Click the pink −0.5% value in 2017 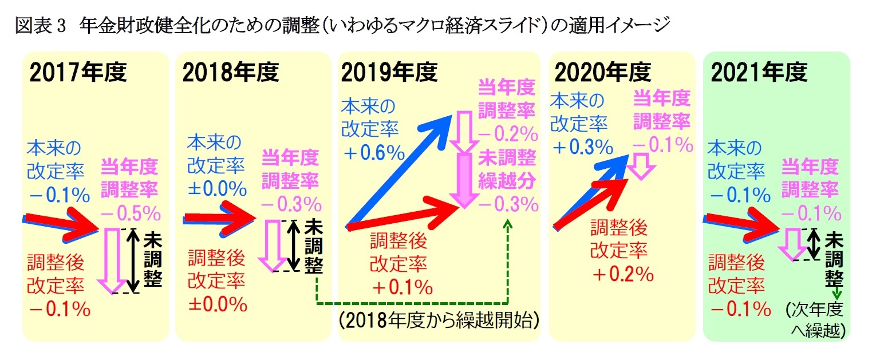pos(131,213)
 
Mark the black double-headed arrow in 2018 pos(294,246)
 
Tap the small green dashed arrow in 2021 pos(837,293)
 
